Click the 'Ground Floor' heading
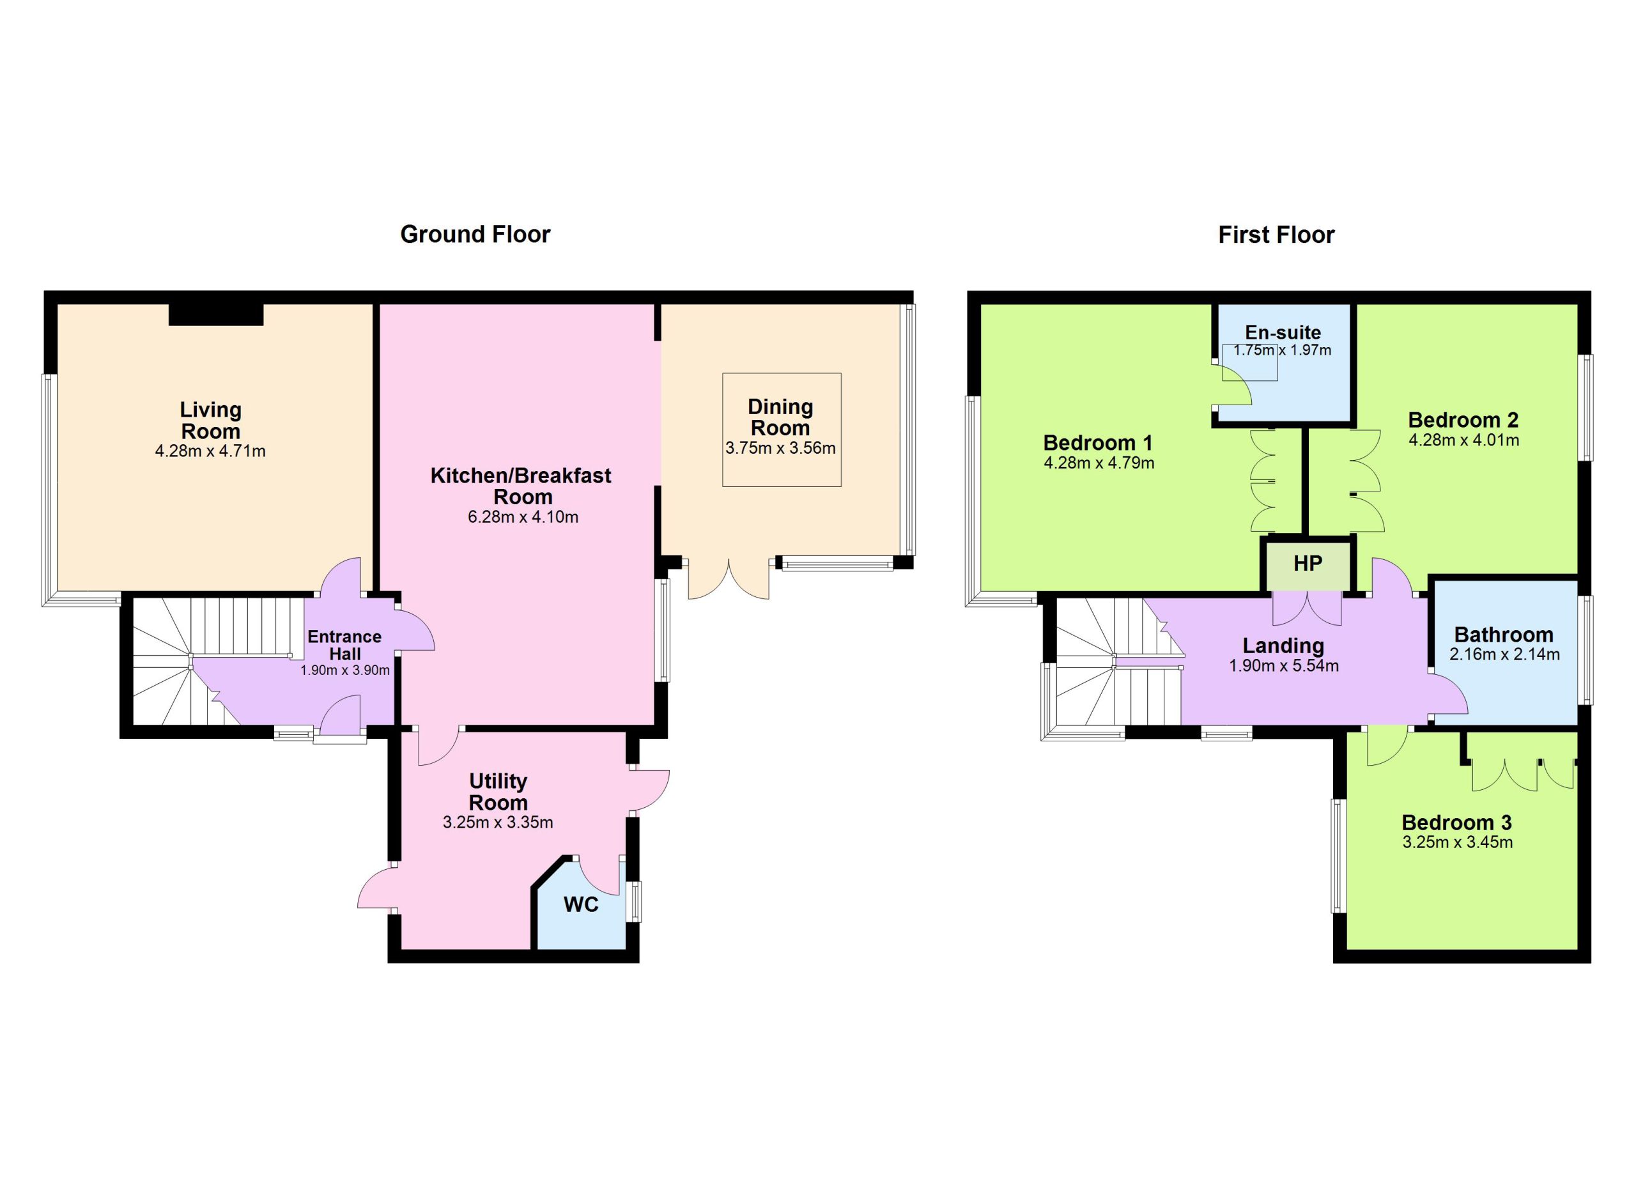click(x=475, y=235)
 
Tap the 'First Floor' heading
click(x=1276, y=235)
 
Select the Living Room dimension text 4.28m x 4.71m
click(x=210, y=451)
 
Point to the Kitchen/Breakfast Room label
click(x=521, y=486)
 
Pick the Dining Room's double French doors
click(x=729, y=578)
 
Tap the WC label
click(x=581, y=904)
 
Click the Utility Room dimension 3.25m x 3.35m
click(x=498, y=822)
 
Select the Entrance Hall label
click(x=345, y=645)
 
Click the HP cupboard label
click(x=1308, y=563)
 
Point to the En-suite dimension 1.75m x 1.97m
click(x=1283, y=350)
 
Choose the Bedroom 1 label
click(x=1098, y=442)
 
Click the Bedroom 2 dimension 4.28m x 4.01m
click(x=1463, y=440)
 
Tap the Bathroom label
click(x=1504, y=635)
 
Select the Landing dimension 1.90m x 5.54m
click(x=1284, y=666)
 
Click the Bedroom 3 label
click(x=1456, y=822)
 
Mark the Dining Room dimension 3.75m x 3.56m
click(x=780, y=448)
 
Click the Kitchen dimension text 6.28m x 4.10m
click(x=523, y=516)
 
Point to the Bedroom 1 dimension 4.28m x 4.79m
click(x=1099, y=463)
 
